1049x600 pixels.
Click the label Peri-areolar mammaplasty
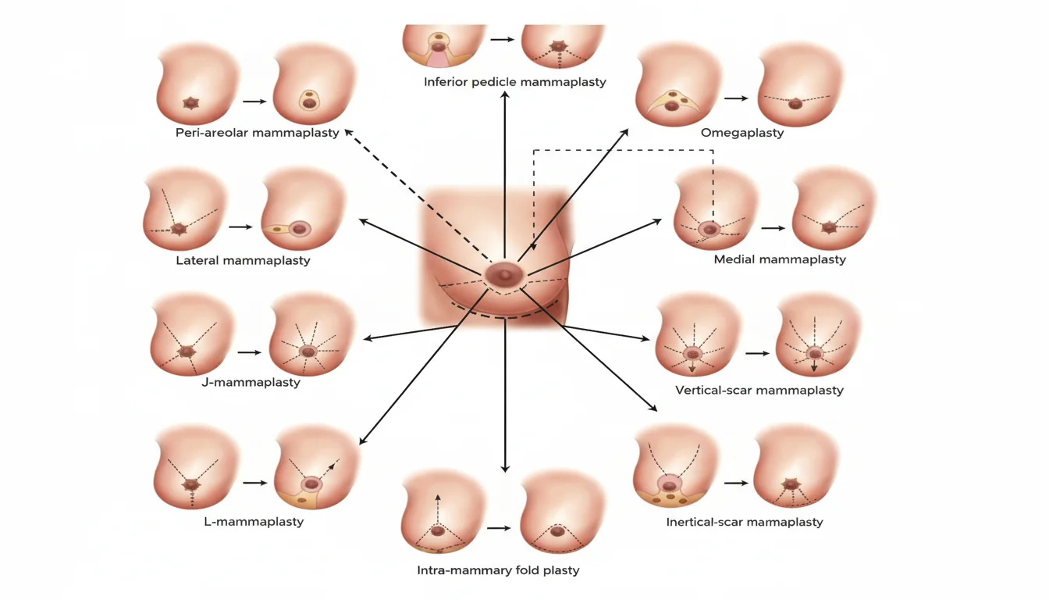click(x=258, y=133)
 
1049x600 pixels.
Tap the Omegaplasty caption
click(x=741, y=133)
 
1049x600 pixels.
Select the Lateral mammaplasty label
click(x=243, y=260)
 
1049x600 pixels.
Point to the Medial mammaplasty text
click(x=780, y=259)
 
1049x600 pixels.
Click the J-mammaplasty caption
click(x=251, y=382)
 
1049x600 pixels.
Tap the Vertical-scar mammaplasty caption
click(x=759, y=390)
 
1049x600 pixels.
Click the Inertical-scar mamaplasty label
click(x=744, y=522)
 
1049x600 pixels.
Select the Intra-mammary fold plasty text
click(x=498, y=570)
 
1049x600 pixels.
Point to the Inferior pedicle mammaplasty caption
click(x=514, y=81)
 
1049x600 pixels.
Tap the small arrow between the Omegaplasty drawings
click(x=737, y=98)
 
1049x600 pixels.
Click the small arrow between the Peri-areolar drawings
click(x=254, y=102)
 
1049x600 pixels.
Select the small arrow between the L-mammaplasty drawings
click(x=255, y=483)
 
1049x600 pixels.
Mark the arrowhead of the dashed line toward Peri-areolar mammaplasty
click(x=348, y=134)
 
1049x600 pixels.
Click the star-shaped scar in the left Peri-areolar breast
click(x=190, y=102)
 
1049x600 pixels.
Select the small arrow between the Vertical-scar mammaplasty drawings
click(x=757, y=353)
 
